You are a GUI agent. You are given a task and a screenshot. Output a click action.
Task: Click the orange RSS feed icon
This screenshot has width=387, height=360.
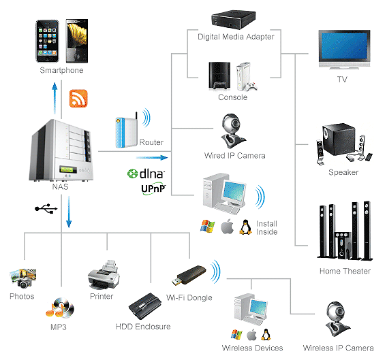78,99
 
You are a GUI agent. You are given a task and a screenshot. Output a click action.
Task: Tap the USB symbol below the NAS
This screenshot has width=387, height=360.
46,209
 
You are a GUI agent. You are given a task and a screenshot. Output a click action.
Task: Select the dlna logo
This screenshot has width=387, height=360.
146,174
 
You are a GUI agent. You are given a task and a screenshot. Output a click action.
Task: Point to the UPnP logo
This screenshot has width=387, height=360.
153,189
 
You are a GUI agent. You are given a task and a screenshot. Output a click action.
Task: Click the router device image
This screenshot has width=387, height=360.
126,131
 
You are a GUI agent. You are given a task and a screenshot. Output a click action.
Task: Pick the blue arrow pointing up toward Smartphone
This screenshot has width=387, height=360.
55,98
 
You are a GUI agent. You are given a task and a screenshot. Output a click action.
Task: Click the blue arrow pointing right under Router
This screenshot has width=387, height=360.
152,158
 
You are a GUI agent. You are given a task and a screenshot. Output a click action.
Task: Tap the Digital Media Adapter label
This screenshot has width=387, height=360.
236,37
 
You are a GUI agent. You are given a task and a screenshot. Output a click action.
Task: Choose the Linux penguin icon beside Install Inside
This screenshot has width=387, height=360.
245,227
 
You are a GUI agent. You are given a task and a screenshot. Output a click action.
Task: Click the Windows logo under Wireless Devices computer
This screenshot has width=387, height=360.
236,334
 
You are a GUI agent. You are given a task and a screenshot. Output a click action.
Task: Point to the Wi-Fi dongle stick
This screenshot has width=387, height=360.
189,276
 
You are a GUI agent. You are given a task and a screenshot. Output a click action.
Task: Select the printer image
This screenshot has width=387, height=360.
104,274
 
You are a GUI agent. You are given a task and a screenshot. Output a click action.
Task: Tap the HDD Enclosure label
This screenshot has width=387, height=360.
143,327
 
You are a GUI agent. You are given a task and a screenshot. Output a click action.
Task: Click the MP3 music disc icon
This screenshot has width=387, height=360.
60,308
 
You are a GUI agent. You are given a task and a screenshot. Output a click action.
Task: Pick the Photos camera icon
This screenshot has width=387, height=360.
22,278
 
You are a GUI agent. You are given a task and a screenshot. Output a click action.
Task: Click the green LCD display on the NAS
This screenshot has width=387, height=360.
66,169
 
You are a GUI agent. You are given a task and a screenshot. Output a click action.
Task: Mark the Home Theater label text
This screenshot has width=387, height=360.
345,271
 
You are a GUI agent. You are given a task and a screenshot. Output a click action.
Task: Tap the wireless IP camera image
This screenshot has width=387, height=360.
337,318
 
